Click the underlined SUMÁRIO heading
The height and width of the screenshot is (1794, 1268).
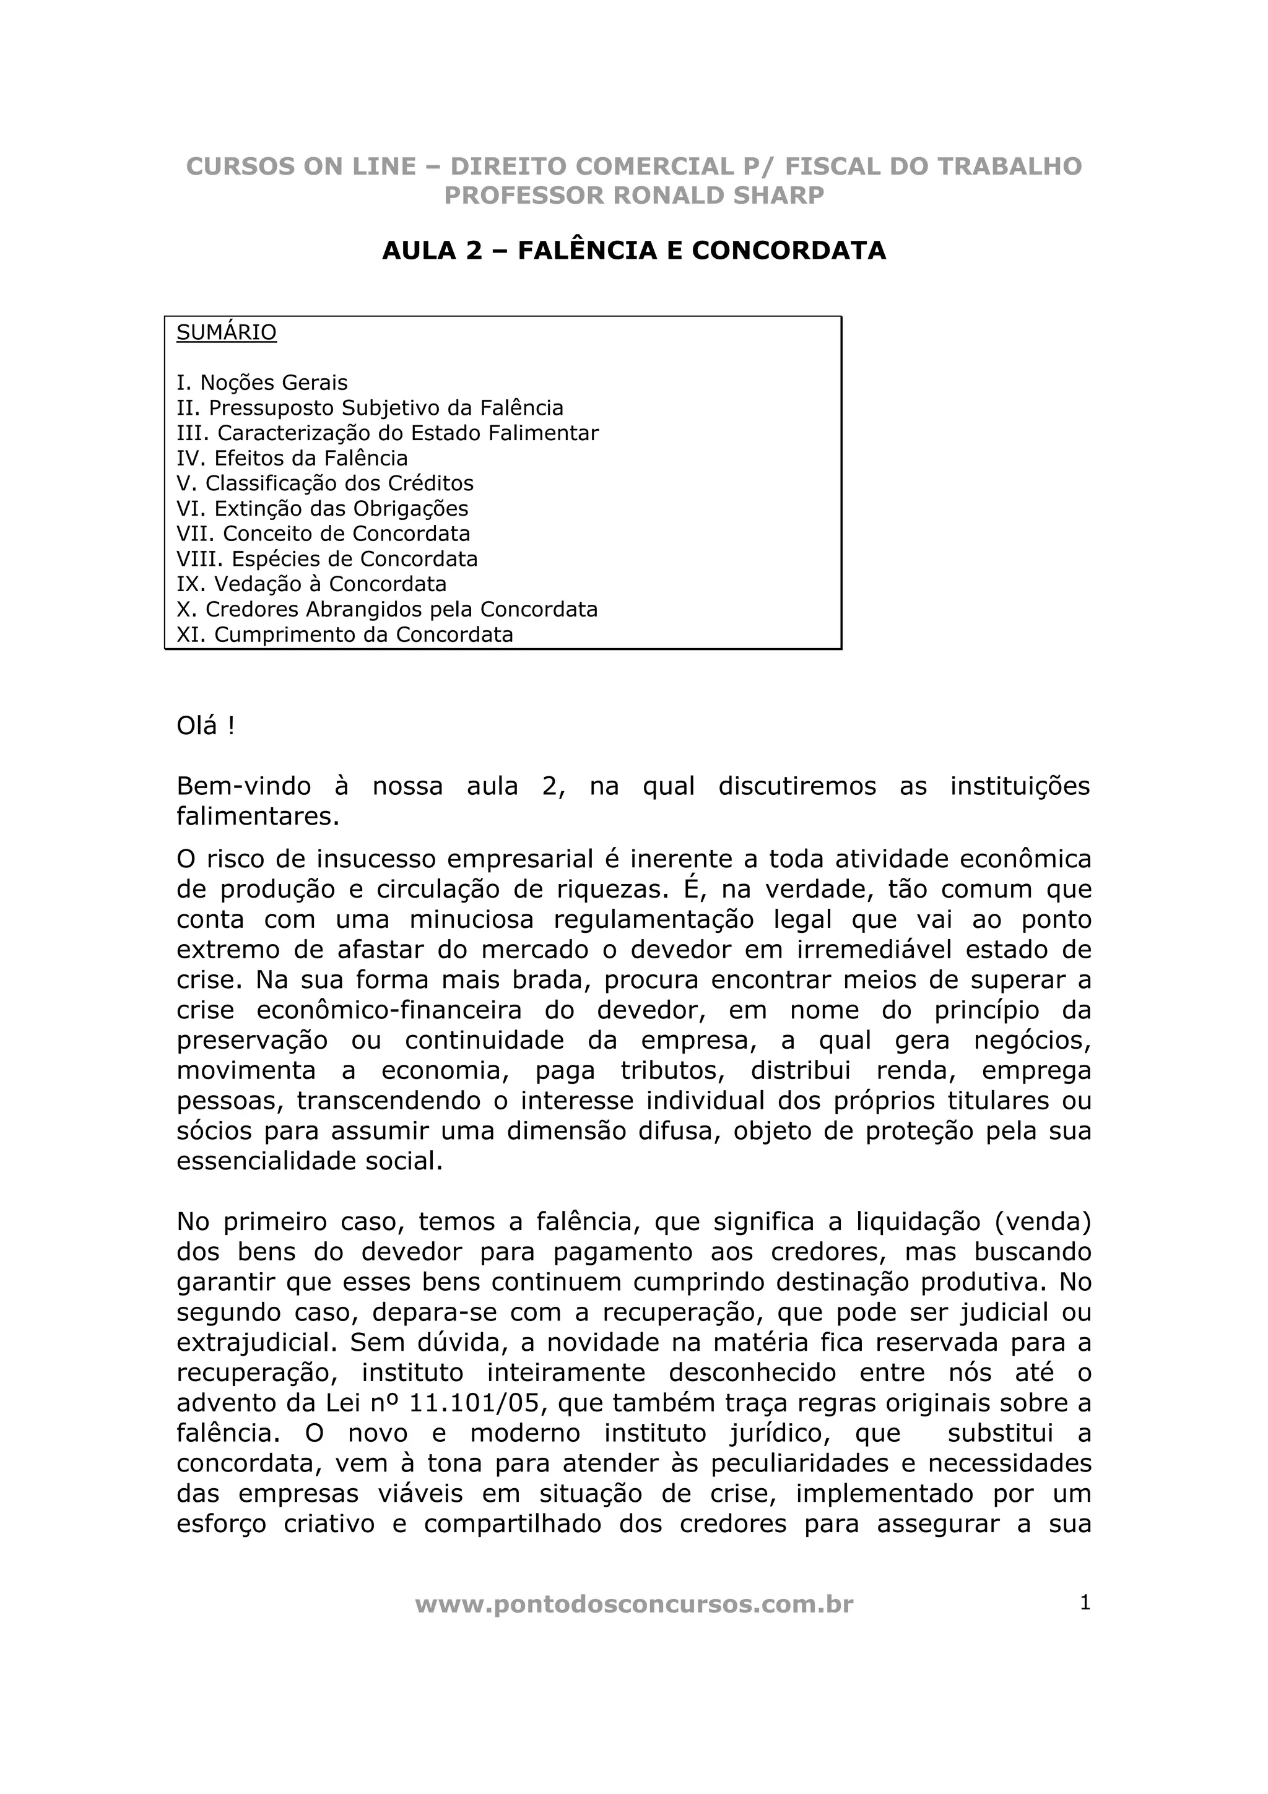coord(227,333)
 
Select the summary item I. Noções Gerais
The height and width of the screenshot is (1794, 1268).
coord(263,383)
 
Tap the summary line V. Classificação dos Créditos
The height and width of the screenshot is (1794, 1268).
coord(325,483)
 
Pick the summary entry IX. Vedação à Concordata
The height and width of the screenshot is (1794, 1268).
coord(311,584)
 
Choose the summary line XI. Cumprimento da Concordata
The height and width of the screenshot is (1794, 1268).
coord(344,635)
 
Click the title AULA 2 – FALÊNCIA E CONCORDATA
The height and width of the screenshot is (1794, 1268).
coord(633,250)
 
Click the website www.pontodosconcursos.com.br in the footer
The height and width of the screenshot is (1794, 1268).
coord(633,1605)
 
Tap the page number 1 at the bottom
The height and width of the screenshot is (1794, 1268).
coord(1084,1603)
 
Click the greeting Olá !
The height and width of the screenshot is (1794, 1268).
coord(206,726)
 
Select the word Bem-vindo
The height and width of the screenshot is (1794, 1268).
coord(244,786)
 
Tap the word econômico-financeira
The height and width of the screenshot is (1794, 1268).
coord(389,1010)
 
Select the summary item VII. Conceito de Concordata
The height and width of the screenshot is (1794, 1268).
coord(323,534)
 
